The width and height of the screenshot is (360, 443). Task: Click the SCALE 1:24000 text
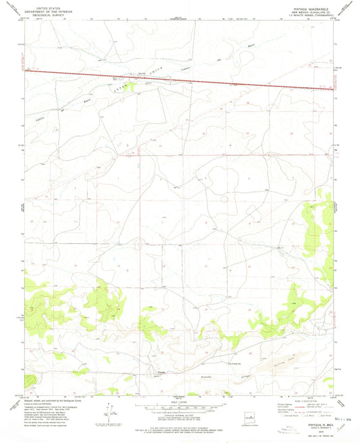tap(180, 402)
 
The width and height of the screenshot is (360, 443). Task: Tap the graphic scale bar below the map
tap(180, 407)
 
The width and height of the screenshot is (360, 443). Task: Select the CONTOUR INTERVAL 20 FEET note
tap(180, 415)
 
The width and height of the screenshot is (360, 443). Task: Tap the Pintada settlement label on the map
tap(161, 371)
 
